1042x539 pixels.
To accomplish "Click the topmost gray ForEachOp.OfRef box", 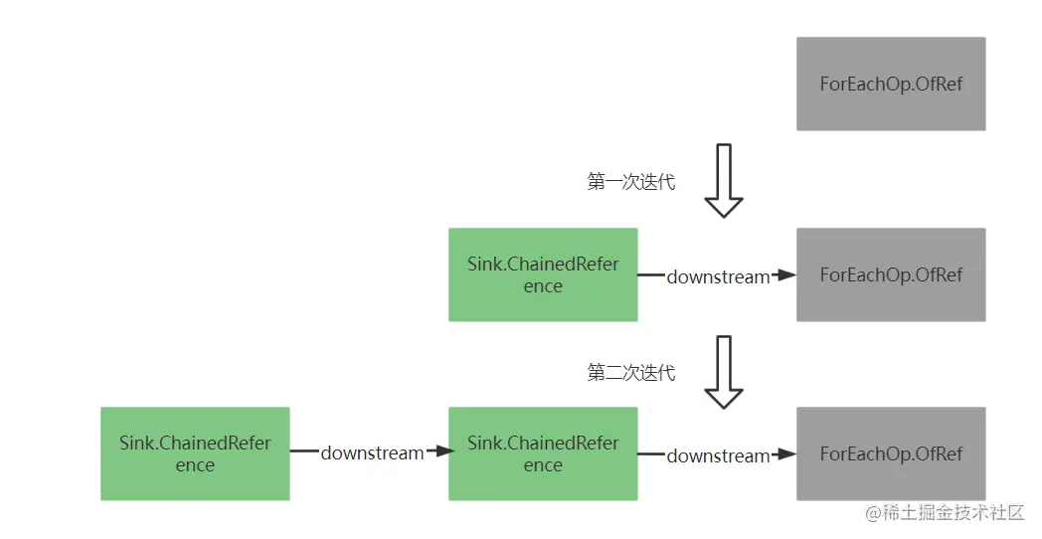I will pos(891,84).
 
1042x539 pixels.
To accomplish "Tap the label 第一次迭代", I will pos(631,183).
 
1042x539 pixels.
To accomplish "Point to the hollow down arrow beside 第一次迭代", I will pos(724,181).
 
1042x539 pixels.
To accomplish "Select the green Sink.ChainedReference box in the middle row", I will pos(543,274).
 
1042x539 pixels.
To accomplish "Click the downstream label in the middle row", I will pos(718,276).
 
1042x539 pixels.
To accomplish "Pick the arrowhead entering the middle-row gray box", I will pos(786,275).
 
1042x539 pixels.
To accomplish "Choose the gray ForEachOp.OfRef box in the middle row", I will pos(891,274).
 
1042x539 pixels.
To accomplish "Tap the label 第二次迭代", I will pos(631,373).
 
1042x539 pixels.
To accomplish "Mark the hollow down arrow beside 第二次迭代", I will pos(724,372).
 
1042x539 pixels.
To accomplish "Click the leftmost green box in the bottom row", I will pos(195,453).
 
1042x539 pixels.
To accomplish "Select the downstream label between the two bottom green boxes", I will pos(372,452).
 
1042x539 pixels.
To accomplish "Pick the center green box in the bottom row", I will pos(543,453).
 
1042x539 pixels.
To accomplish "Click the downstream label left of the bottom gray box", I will pos(718,455).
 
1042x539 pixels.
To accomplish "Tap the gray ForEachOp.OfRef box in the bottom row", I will pos(891,453).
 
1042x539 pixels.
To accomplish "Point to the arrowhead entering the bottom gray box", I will pos(786,454).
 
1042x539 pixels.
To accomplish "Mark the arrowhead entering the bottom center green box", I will pos(438,452).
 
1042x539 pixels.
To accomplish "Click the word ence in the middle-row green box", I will pos(543,286).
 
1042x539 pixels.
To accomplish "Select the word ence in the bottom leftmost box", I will pos(195,465).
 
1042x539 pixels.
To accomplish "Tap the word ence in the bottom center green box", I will pos(543,465).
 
